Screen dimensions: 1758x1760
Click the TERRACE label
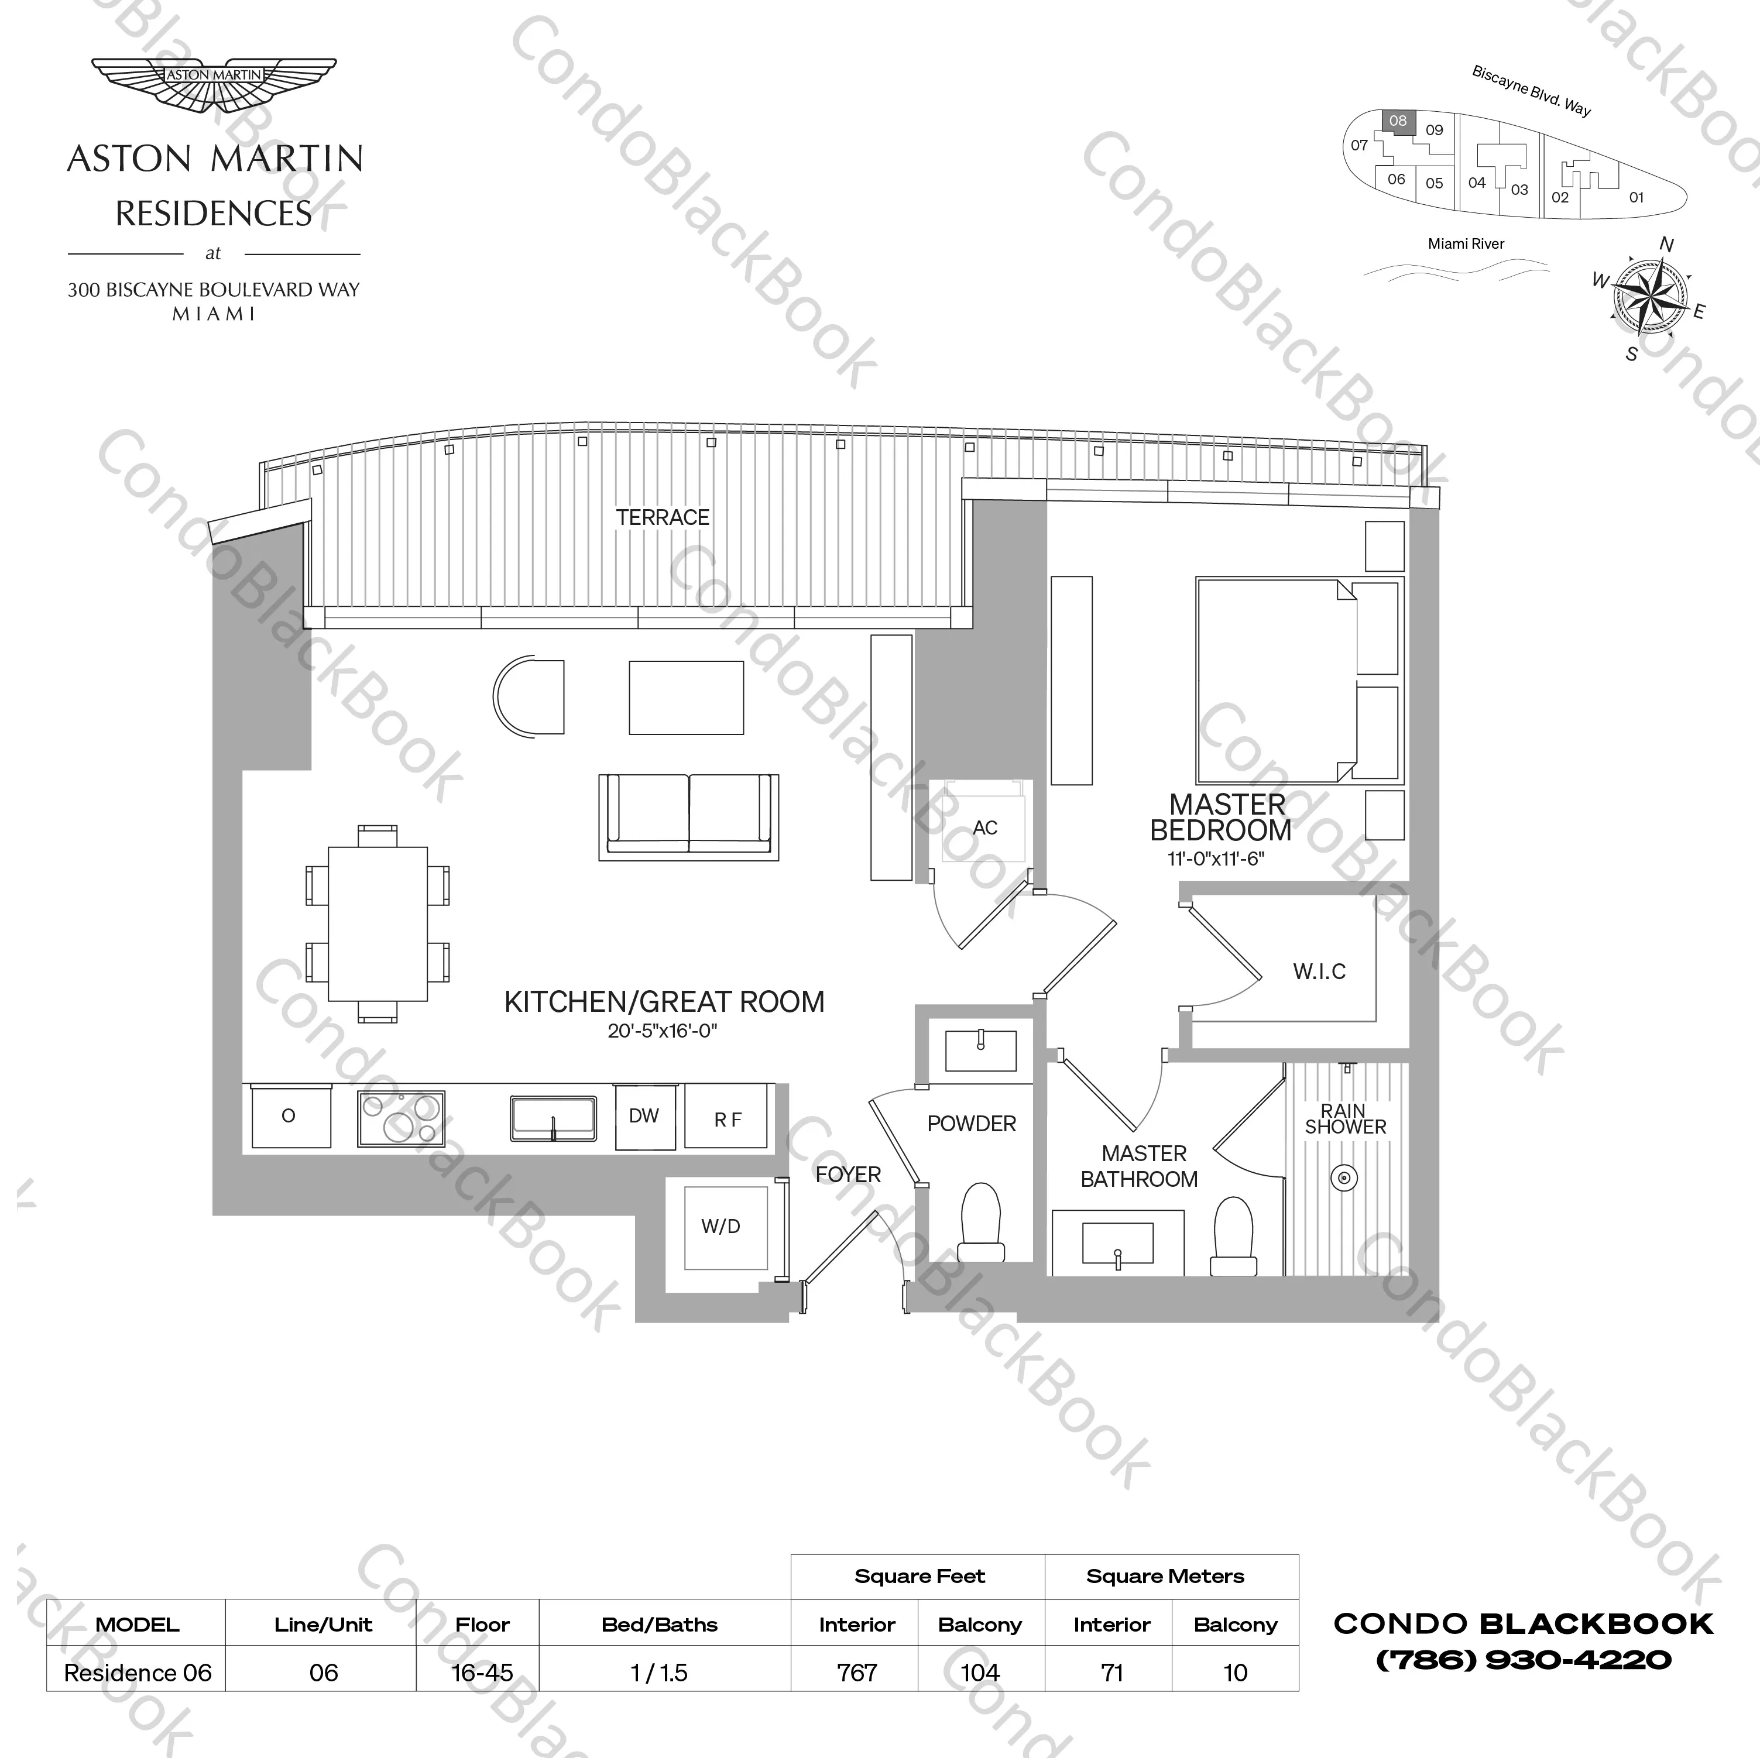click(663, 517)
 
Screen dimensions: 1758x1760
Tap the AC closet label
click(984, 828)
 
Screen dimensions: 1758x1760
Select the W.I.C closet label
click(1319, 972)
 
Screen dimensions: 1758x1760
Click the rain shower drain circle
click(1344, 1178)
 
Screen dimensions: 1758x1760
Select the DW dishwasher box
click(644, 1117)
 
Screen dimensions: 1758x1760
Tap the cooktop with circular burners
click(401, 1118)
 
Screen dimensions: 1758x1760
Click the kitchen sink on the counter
click(553, 1118)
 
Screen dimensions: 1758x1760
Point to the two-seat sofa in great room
click(689, 816)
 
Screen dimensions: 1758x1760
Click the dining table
click(377, 923)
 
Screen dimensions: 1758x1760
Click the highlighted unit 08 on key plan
click(1398, 121)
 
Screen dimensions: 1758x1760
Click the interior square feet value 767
click(856, 1673)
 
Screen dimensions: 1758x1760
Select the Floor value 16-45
click(482, 1673)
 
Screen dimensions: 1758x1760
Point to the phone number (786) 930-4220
click(1523, 1660)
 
